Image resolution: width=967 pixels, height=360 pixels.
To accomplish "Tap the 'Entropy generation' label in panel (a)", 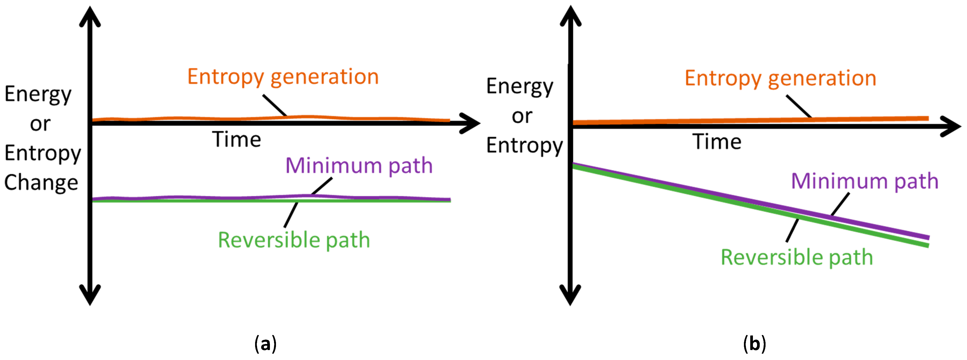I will (283, 77).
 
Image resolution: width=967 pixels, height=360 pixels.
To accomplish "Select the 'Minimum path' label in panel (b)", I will (865, 181).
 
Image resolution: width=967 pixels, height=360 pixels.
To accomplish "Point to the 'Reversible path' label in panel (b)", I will (797, 258).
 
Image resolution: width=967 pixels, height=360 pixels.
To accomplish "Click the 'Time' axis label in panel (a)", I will (236, 140).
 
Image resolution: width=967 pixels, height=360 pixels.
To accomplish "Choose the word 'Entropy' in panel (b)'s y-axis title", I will (525, 146).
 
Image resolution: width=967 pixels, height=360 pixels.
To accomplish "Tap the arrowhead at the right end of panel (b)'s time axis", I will (952, 126).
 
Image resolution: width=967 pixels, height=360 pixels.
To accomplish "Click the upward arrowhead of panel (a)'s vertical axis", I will (90, 17).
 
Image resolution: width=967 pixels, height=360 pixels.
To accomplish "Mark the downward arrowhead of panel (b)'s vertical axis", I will (570, 295).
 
